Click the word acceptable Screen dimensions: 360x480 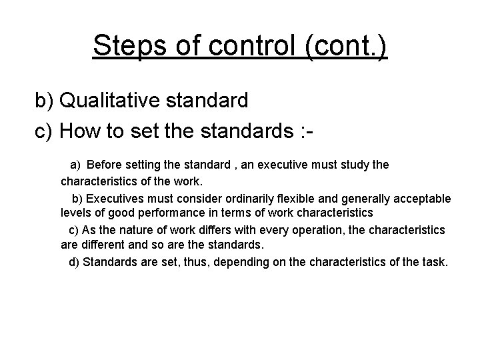[x=423, y=199]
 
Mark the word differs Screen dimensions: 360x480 [x=193, y=230]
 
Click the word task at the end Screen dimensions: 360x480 [x=435, y=262]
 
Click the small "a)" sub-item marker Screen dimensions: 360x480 [x=75, y=164]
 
